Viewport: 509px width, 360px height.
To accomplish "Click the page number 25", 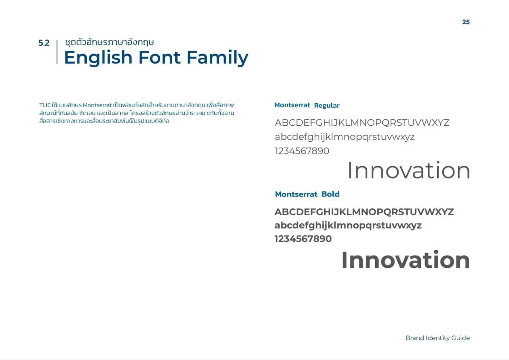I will tap(466, 22).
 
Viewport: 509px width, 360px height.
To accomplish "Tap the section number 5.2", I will tap(44, 44).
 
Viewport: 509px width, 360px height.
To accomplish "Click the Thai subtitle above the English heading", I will tap(109, 42).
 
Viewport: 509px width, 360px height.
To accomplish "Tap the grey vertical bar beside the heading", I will tap(57, 52).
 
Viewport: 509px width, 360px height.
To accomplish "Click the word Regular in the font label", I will tap(326, 105).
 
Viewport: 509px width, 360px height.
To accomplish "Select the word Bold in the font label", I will tap(330, 194).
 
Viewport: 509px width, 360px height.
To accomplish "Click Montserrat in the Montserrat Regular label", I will tap(292, 105).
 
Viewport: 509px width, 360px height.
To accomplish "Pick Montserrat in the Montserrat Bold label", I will tap(296, 194).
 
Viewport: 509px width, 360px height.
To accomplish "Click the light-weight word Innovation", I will tap(409, 171).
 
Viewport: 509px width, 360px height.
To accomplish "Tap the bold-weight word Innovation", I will tap(405, 260).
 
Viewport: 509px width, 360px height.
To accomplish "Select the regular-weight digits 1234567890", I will tap(302, 151).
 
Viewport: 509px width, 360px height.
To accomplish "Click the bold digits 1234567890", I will tap(303, 239).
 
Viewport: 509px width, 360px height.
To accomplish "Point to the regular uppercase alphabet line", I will tap(362, 123).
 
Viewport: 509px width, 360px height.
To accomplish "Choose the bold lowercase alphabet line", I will tap(348, 225).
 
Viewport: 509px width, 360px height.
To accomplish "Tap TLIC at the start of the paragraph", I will tap(45, 105).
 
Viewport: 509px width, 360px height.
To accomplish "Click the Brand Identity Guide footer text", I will tap(437, 338).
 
